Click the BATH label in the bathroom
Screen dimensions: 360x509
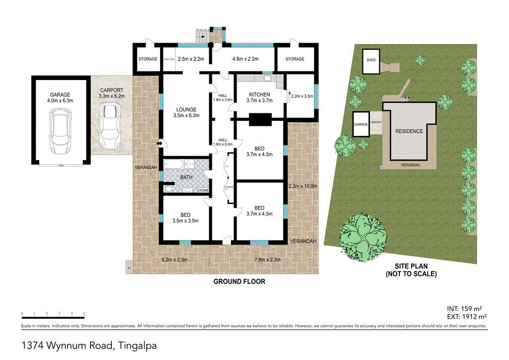click(187, 177)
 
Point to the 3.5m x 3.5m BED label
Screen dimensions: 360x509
click(185, 218)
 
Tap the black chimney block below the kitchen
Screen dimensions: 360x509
click(259, 119)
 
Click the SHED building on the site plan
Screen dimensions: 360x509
click(371, 61)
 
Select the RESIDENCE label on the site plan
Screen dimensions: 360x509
click(409, 131)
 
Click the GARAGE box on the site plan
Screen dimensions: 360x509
click(361, 125)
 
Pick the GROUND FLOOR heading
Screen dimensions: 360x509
click(239, 281)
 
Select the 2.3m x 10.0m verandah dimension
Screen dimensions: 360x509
click(303, 186)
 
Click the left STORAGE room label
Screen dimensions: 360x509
click(148, 59)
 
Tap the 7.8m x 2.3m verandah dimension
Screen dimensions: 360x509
click(267, 259)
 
